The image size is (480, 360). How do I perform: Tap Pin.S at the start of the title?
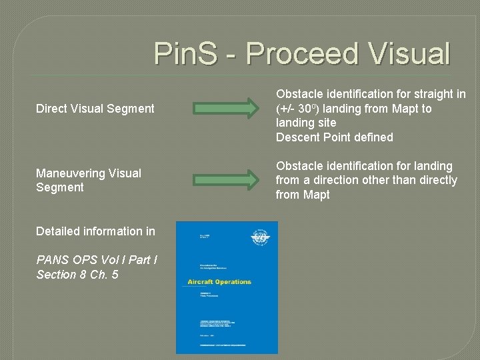tap(189, 53)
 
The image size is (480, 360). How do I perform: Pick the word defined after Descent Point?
tap(373, 137)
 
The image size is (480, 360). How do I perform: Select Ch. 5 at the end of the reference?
tap(104, 275)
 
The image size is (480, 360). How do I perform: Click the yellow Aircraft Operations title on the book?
tap(215, 281)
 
